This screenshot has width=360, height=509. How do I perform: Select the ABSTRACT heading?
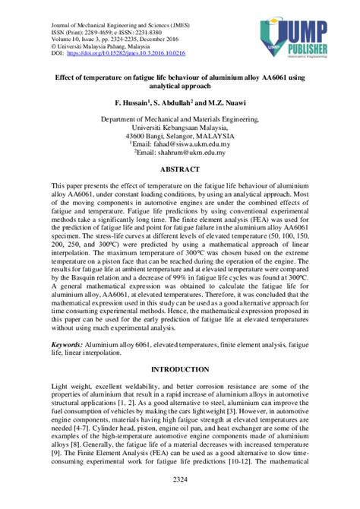[x=180, y=171]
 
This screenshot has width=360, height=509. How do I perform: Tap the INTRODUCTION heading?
[x=180, y=369]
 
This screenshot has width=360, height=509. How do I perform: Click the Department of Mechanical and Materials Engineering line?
[x=180, y=119]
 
